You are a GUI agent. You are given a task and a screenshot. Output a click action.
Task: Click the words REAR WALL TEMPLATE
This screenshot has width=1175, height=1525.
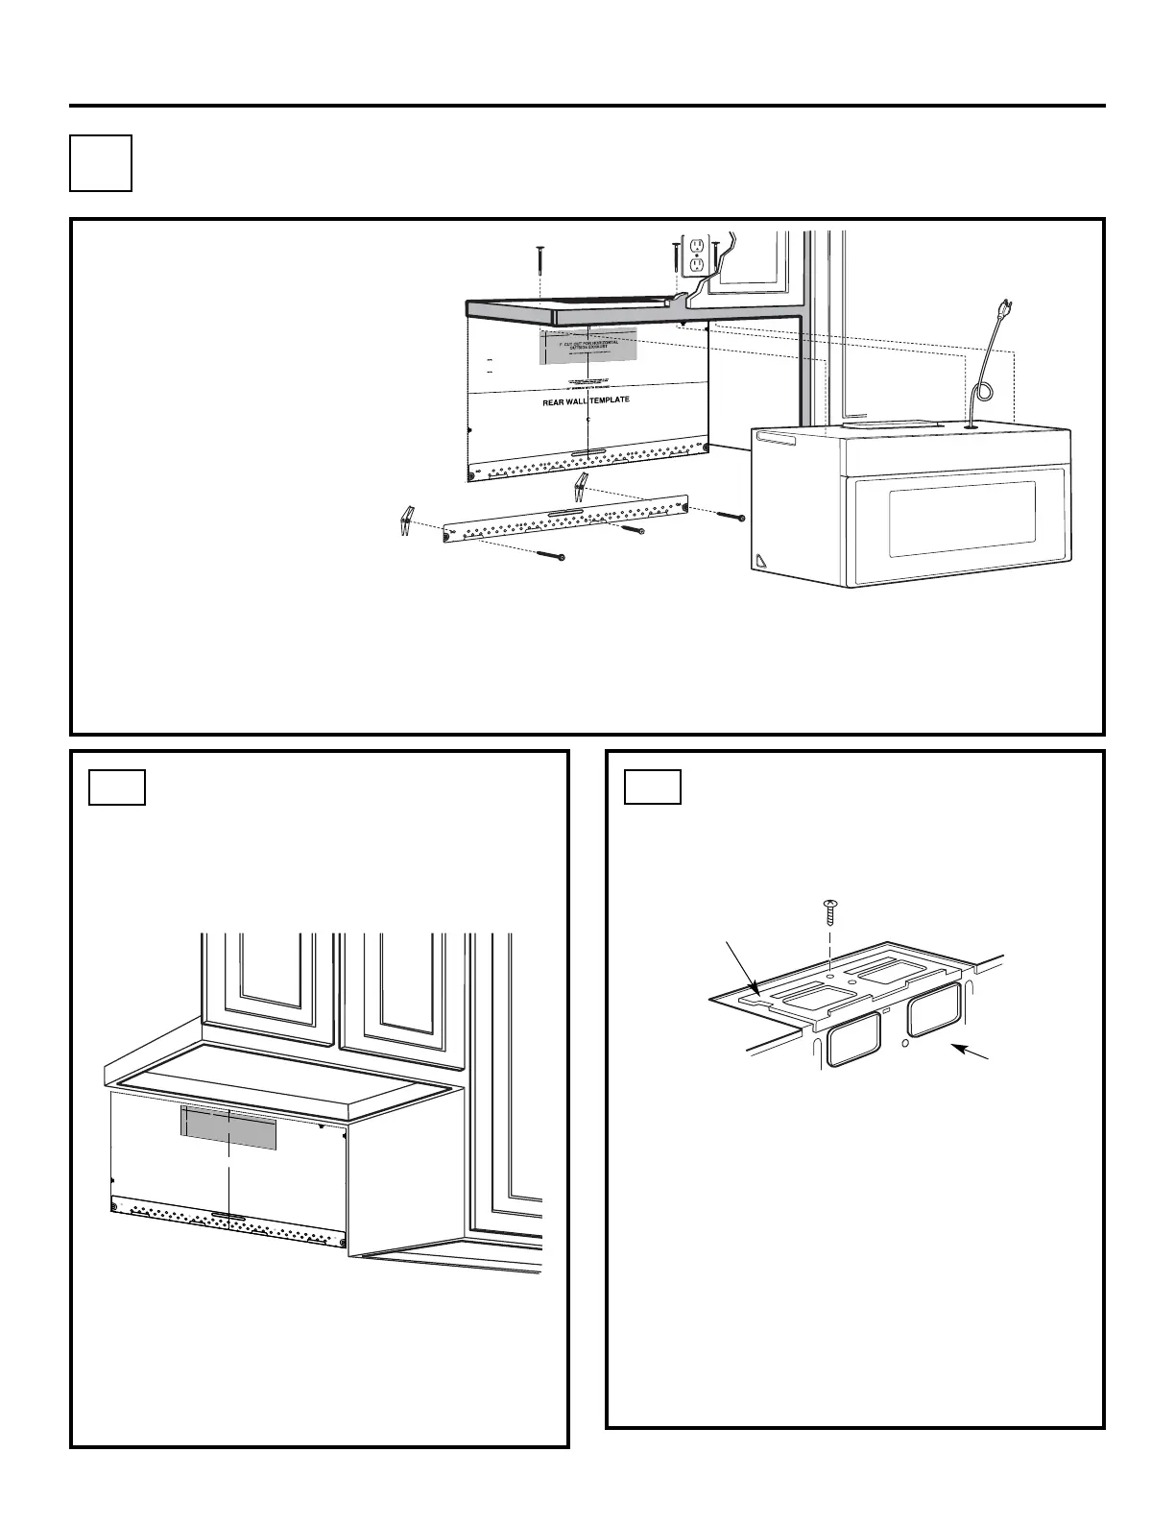pyautogui.click(x=586, y=400)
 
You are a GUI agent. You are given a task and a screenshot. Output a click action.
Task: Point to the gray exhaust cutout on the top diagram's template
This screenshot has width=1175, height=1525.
pyautogui.click(x=587, y=346)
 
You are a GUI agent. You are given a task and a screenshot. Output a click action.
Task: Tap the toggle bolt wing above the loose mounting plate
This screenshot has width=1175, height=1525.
pyautogui.click(x=580, y=487)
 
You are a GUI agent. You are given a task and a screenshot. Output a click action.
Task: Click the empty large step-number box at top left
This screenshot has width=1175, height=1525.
pyautogui.click(x=101, y=163)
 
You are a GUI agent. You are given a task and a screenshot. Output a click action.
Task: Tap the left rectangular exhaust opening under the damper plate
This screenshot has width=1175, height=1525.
pyautogui.click(x=852, y=1040)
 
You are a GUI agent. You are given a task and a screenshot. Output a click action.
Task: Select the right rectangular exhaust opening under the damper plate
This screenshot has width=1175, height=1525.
pyautogui.click(x=934, y=1009)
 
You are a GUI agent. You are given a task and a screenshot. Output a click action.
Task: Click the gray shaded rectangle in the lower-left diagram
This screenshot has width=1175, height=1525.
pyautogui.click(x=228, y=1127)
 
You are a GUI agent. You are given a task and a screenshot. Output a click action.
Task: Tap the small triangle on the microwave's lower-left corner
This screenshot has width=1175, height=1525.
pyautogui.click(x=761, y=560)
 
